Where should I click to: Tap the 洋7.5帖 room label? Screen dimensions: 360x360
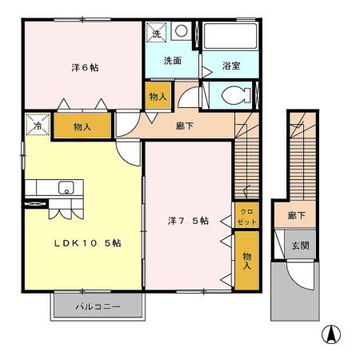click(x=188, y=220)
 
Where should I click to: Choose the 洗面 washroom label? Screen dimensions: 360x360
click(x=173, y=60)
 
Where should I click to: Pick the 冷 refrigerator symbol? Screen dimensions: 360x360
click(x=37, y=126)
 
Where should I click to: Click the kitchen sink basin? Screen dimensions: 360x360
click(x=66, y=188)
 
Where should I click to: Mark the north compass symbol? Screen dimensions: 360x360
click(x=329, y=334)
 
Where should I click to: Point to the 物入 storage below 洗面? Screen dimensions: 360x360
click(x=158, y=97)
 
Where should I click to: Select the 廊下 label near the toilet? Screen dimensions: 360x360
click(x=186, y=125)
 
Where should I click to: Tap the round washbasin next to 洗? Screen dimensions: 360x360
click(x=182, y=31)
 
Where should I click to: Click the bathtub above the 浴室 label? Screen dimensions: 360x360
click(x=230, y=38)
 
